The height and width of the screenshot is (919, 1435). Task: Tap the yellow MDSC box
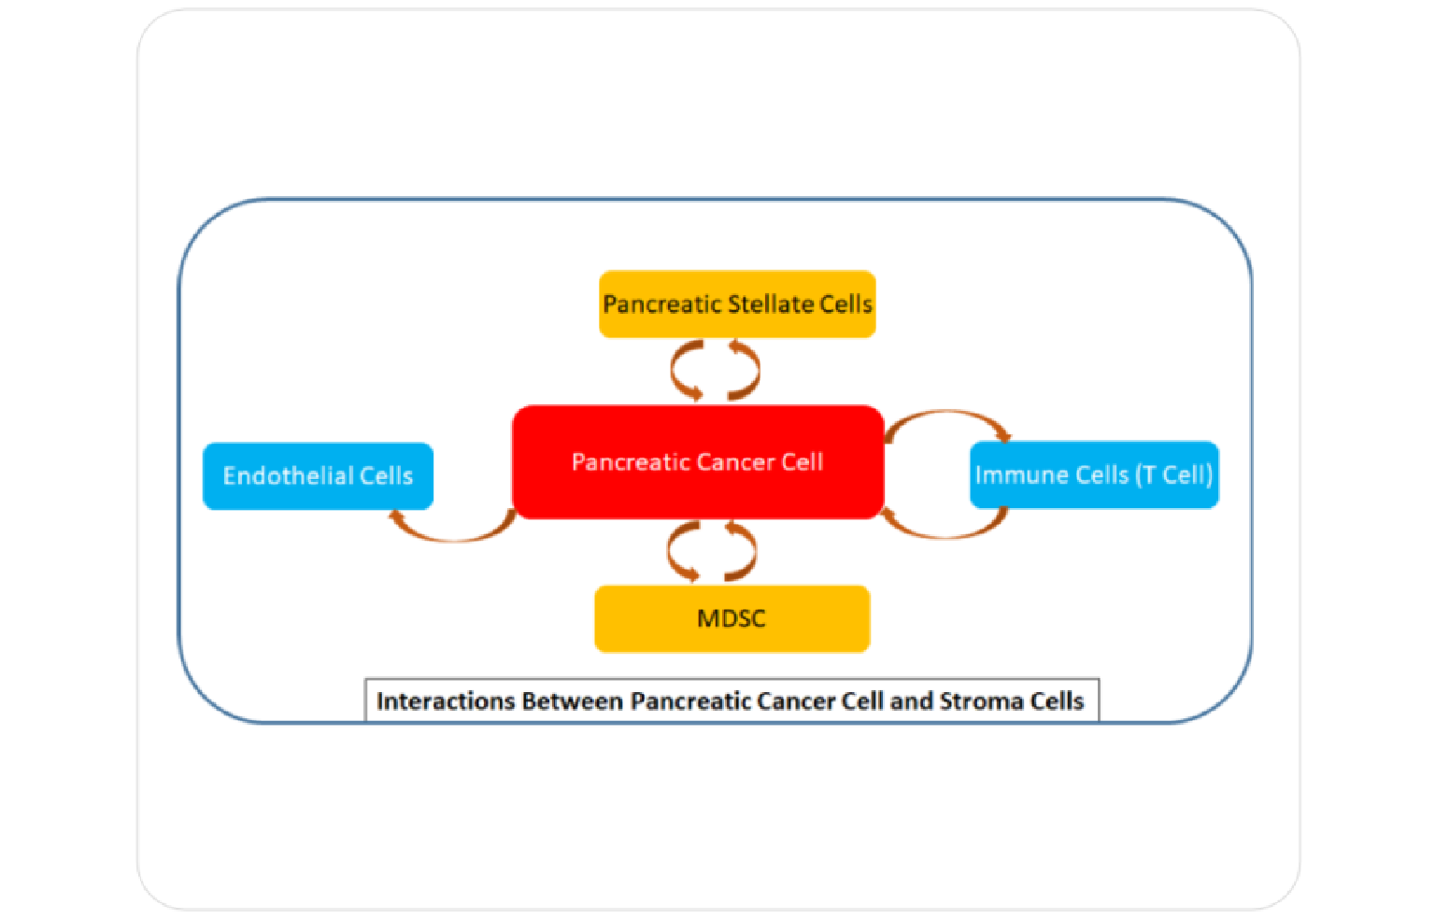(732, 618)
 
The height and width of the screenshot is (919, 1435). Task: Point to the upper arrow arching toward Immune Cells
(945, 414)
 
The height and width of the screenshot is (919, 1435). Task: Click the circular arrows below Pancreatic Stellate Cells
(715, 371)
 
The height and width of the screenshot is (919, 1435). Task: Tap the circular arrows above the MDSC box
(712, 551)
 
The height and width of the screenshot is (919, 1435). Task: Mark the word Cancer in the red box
(735, 462)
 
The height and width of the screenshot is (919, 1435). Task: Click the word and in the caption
(912, 701)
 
